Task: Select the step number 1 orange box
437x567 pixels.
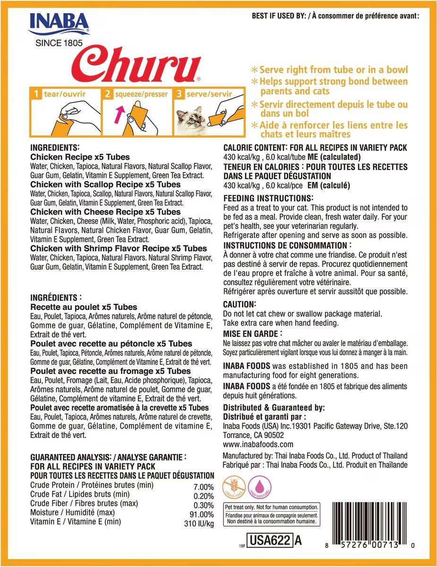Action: pyautogui.click(x=35, y=94)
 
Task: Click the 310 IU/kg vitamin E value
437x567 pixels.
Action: pyautogui.click(x=198, y=523)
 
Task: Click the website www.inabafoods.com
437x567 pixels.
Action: pyautogui.click(x=258, y=444)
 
